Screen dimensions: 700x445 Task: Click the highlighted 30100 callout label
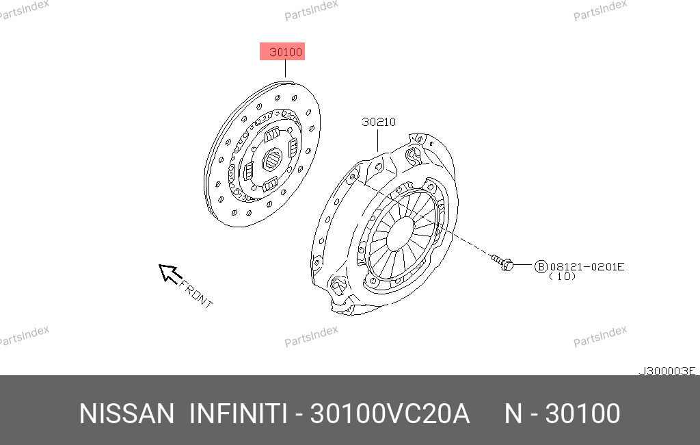[x=282, y=51]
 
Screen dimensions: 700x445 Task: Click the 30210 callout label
[x=379, y=122]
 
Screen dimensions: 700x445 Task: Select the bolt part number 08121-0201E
[x=587, y=267]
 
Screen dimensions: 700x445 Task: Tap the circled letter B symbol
[x=541, y=267]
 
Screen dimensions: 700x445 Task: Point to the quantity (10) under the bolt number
[x=562, y=277]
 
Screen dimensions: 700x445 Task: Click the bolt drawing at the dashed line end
[x=502, y=262]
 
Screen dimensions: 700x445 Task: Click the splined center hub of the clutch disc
[x=272, y=160]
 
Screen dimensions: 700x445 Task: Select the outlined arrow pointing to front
[x=170, y=273]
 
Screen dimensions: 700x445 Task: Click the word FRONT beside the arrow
[x=196, y=294]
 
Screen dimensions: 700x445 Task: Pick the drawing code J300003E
[x=667, y=371]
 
